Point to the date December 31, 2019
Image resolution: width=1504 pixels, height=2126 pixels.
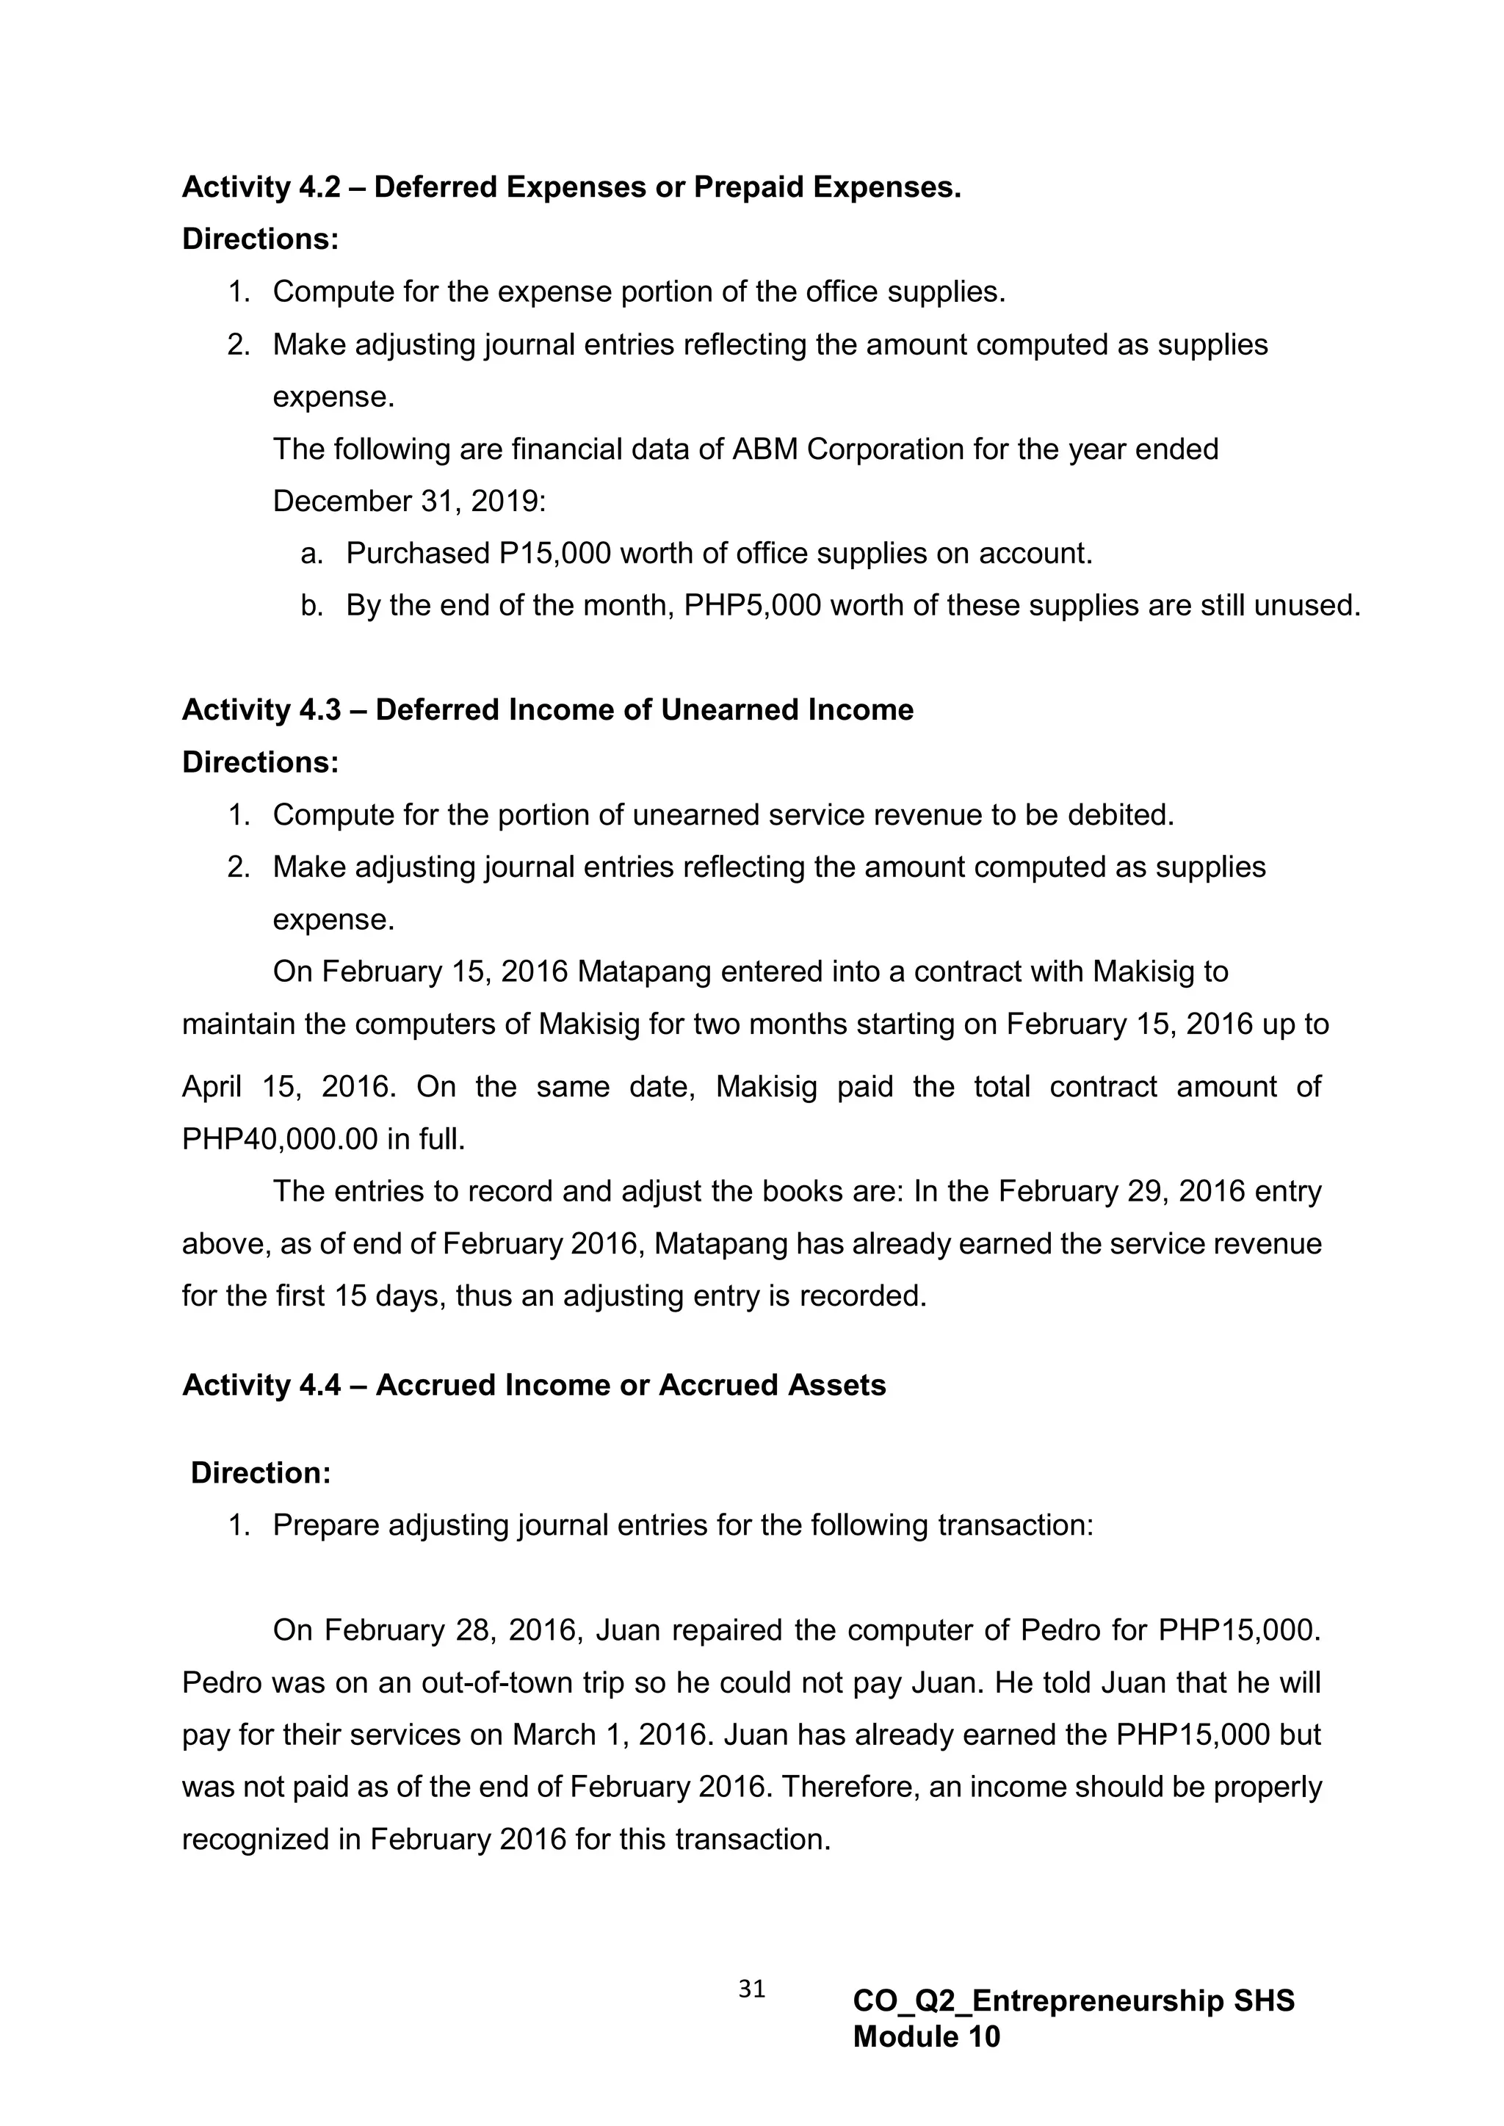click(x=408, y=501)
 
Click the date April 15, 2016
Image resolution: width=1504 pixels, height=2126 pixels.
click(x=288, y=1086)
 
